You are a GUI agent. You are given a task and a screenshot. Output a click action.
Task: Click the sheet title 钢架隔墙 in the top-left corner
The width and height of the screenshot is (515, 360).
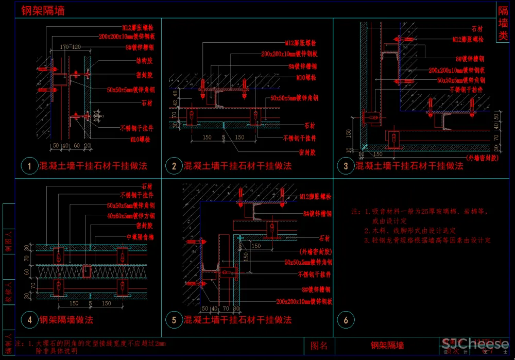(x=43, y=10)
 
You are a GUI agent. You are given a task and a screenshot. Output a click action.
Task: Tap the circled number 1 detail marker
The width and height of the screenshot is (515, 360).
(x=30, y=166)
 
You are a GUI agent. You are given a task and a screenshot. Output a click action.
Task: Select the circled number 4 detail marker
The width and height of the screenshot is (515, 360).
(x=30, y=320)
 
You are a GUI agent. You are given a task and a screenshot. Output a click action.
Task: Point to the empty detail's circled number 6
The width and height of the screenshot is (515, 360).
(x=346, y=320)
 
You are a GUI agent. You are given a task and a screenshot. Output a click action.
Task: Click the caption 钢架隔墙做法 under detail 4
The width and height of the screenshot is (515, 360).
(x=66, y=320)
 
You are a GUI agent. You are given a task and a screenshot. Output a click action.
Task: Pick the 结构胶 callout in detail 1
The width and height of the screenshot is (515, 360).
(x=143, y=60)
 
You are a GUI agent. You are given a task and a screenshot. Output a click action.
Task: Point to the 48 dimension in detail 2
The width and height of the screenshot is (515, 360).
(x=175, y=94)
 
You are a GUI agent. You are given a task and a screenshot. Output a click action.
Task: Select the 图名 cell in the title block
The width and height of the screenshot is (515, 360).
(x=319, y=346)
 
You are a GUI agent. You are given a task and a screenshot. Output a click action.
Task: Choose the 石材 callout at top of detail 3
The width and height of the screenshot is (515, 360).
(x=477, y=29)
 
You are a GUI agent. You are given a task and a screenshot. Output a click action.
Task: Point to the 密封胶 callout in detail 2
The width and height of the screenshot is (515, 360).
(x=306, y=152)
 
